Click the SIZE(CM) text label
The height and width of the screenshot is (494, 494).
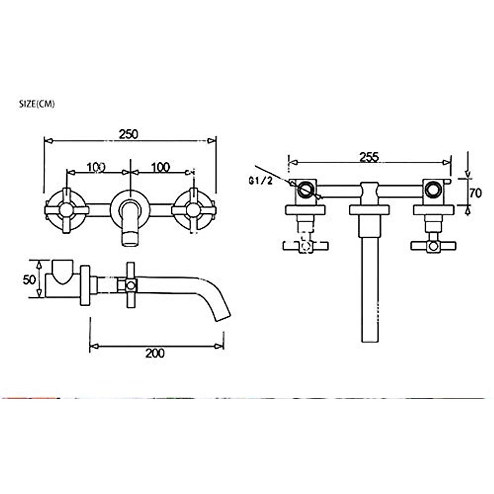pos(37,104)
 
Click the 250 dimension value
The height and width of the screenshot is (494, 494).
pos(129,134)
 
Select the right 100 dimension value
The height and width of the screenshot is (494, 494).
pos(160,167)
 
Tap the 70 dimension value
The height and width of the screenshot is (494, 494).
pos(475,193)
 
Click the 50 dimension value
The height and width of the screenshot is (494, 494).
pos(28,279)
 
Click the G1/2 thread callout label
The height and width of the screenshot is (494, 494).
pos(261,181)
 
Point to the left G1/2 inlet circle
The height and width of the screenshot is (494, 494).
pos(305,190)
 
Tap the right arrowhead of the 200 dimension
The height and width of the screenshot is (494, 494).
pos(220,346)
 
